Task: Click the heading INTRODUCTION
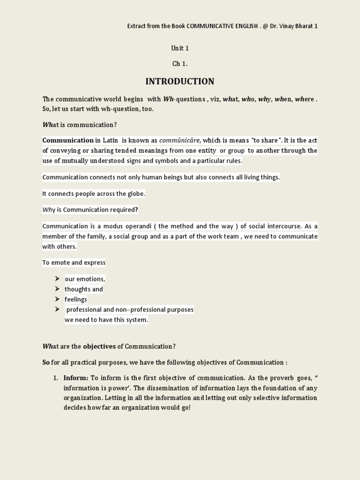180,81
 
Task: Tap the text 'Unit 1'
180,48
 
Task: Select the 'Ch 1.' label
180,63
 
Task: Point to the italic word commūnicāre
180,140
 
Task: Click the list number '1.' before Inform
55,378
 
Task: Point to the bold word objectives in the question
99,346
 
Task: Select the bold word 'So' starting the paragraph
46,363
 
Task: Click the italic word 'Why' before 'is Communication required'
49,210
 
